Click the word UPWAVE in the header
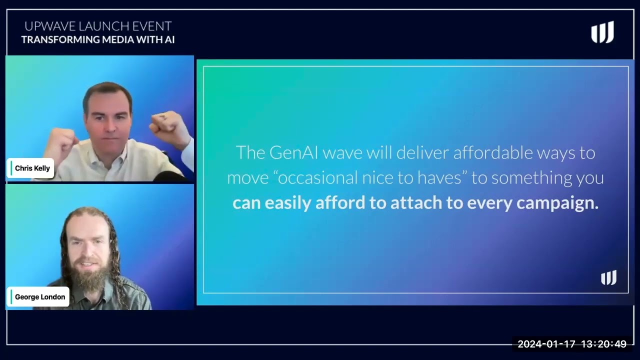point(50,26)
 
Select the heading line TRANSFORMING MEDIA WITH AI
point(98,39)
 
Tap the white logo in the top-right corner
point(602,32)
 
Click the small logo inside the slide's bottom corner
point(608,277)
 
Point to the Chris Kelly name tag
point(30,168)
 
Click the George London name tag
point(38,297)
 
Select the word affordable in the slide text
point(493,152)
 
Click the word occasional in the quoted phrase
point(317,177)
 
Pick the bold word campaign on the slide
point(557,203)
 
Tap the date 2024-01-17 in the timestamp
point(546,344)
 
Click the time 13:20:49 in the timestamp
point(603,344)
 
